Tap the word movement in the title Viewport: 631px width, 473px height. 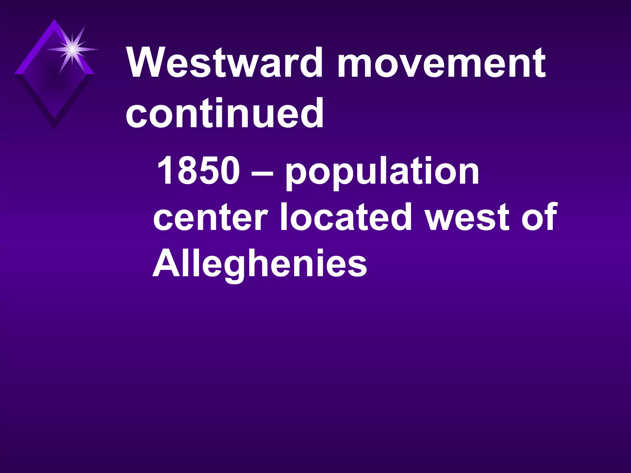[441, 63]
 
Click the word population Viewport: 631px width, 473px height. [382, 172]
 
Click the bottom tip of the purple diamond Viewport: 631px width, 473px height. [55, 127]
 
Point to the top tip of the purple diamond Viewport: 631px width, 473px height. [55, 20]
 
